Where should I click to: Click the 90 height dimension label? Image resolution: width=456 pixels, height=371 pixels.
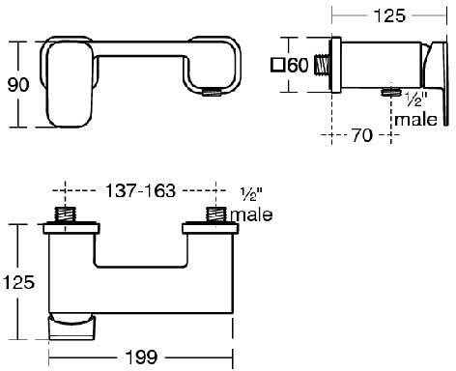point(16,84)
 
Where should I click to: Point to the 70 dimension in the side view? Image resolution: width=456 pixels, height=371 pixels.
point(362,136)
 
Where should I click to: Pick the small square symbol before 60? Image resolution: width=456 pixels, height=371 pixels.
point(276,66)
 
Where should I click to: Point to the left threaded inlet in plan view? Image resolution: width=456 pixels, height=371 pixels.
point(66,214)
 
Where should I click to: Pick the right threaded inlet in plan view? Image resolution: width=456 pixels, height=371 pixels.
point(214,214)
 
